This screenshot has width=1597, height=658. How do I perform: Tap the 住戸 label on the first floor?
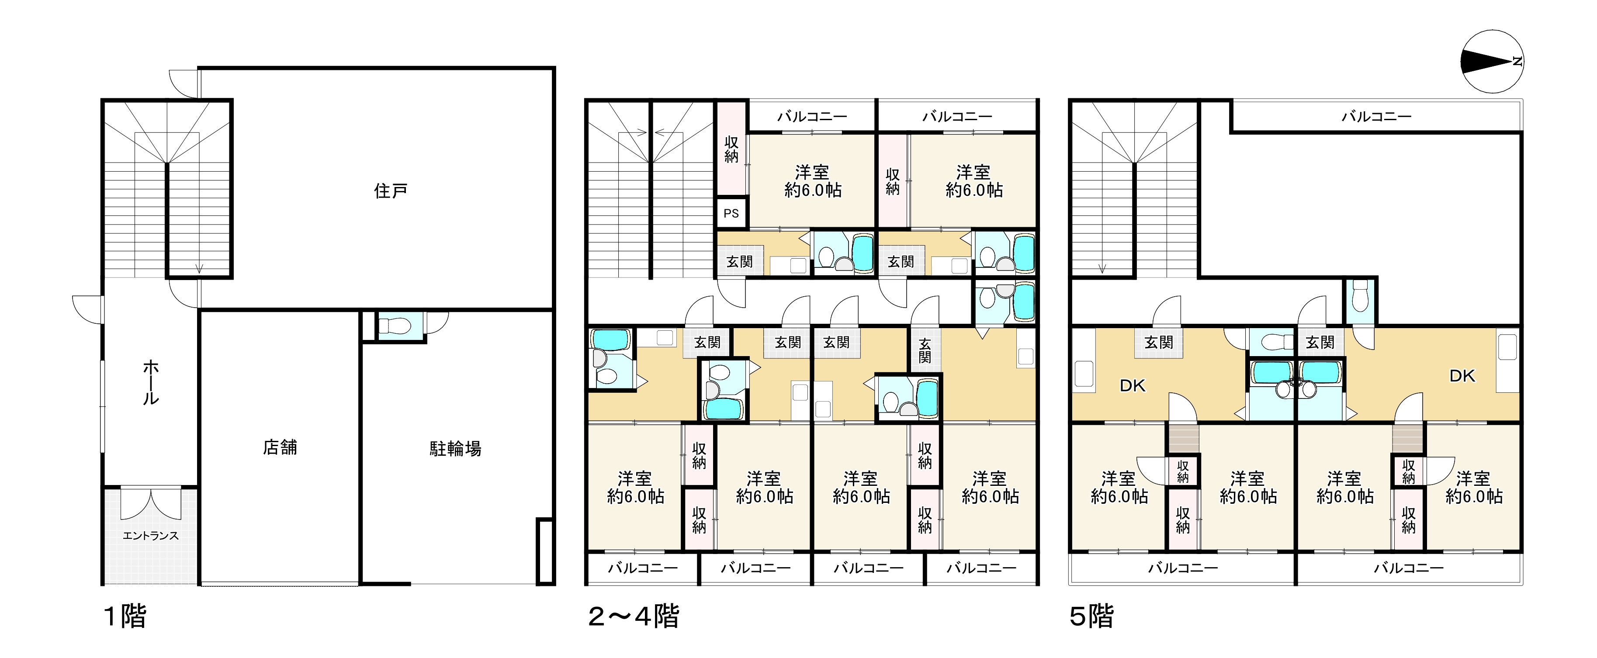tap(391, 191)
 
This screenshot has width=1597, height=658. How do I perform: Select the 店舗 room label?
tap(280, 447)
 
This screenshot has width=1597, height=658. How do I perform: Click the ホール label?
tap(151, 383)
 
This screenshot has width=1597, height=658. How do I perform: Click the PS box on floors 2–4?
tap(731, 213)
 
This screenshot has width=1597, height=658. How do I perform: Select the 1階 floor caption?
tap(124, 616)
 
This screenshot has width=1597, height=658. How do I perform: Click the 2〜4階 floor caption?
tap(633, 616)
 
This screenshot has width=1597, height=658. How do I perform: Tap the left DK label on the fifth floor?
tap(1132, 386)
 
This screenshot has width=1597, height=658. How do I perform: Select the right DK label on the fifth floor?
tap(1462, 376)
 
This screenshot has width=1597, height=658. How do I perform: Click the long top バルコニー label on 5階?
tap(1376, 116)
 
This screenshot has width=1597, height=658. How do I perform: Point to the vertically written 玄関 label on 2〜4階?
tap(925, 350)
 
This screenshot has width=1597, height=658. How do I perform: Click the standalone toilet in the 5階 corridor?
tap(1360, 300)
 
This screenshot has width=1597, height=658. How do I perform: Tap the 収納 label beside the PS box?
tap(731, 149)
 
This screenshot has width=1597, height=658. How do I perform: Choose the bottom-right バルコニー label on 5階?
tap(1409, 568)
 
